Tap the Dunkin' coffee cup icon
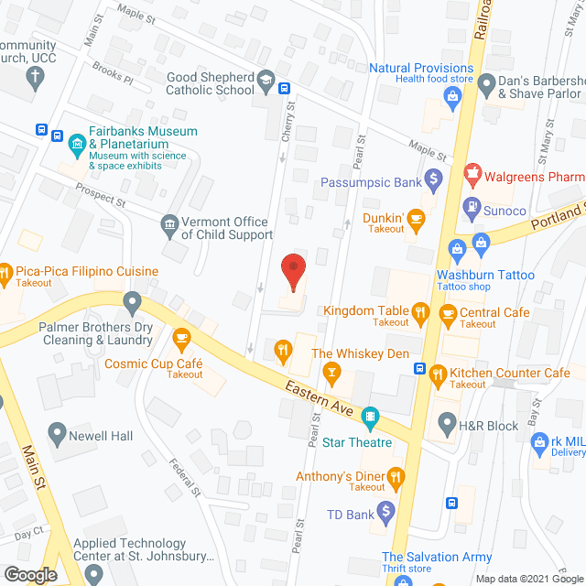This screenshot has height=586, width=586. coord(417,219)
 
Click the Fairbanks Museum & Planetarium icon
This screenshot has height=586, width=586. coord(77,143)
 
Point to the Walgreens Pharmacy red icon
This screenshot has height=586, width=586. coord(472,171)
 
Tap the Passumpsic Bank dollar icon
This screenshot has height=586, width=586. coord(435,179)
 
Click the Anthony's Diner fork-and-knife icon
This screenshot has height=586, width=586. coord(396,476)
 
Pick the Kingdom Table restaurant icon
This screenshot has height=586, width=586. coord(420,312)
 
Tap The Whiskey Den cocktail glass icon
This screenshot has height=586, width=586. coord(331,371)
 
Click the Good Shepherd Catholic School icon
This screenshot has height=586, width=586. coord(266,79)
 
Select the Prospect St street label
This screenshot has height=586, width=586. coord(102,196)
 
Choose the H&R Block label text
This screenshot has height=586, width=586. coord(491,424)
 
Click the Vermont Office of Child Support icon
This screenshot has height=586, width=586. coord(168,225)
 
